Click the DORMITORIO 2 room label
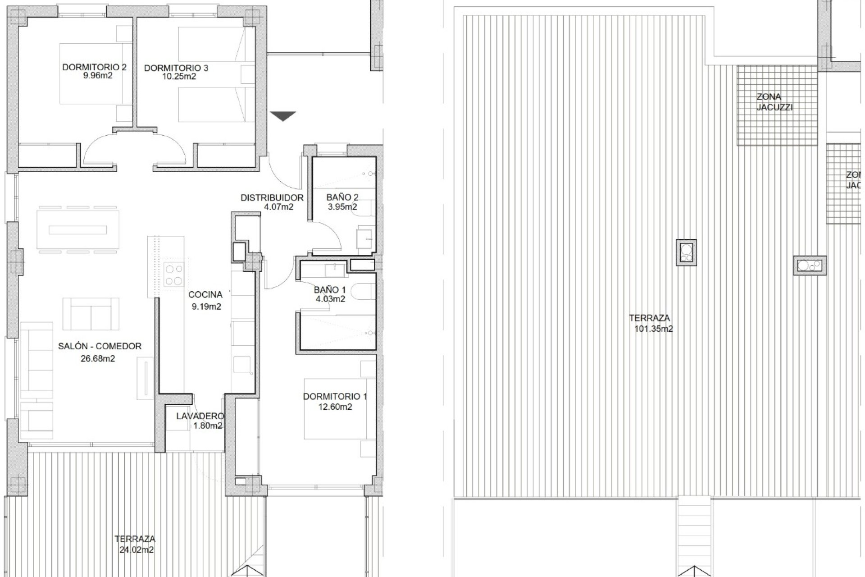coord(94,67)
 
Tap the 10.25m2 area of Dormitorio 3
coord(179,77)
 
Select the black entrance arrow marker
coord(284,116)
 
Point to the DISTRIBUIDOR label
coord(272,197)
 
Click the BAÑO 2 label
coord(342,197)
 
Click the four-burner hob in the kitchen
coord(174,275)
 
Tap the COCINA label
coord(205,295)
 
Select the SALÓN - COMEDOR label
coord(100,346)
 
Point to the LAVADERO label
coord(200,416)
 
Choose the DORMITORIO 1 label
coord(335,397)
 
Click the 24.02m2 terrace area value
coord(137,550)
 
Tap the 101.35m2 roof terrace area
coord(653,329)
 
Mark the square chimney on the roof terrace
coord(686,252)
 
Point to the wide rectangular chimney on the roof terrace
coord(810,266)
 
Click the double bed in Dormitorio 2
coord(91,73)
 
